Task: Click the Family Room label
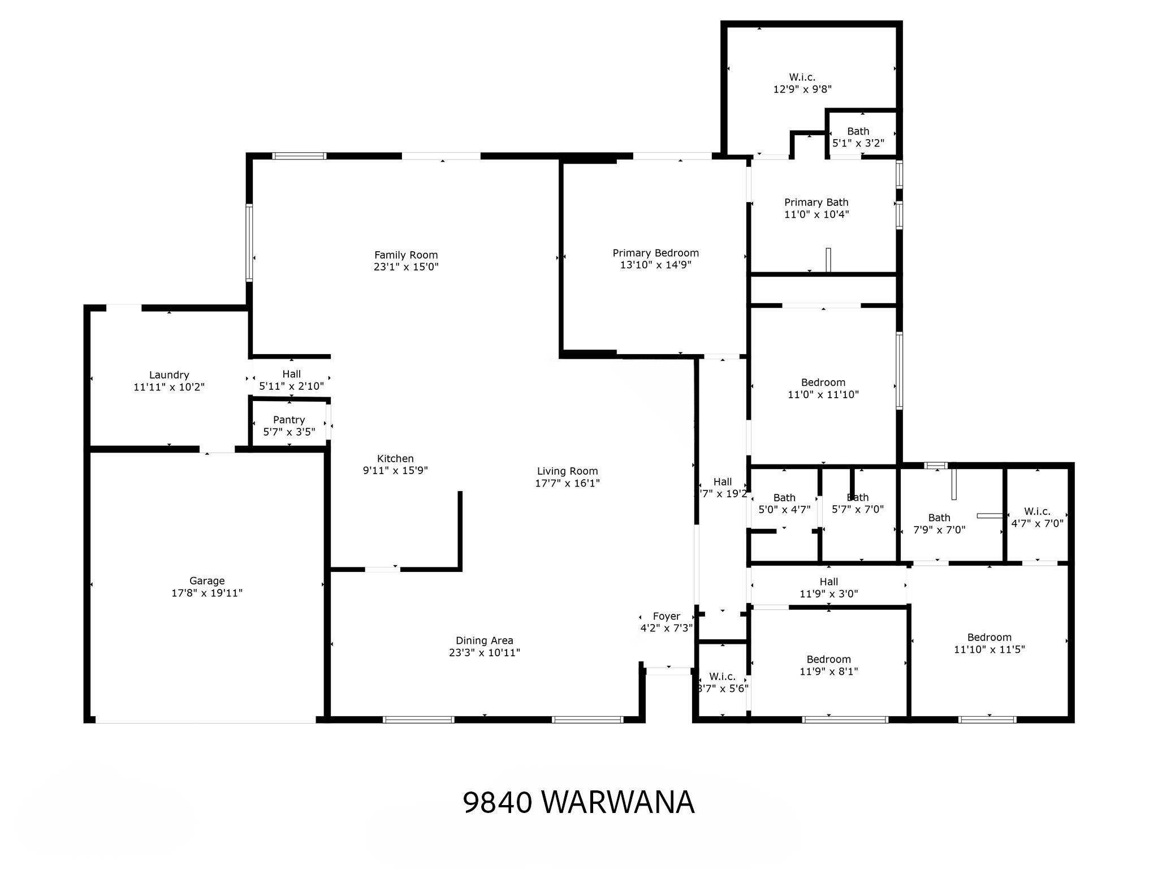point(406,255)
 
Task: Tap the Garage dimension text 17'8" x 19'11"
point(207,593)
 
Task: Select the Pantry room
point(289,425)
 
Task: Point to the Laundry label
point(169,375)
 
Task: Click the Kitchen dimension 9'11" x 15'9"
point(395,470)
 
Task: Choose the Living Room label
point(567,471)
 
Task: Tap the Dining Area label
point(485,640)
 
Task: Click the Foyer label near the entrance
point(666,616)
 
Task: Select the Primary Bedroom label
point(656,253)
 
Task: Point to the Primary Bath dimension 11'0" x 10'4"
point(816,214)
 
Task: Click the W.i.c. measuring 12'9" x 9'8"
point(802,83)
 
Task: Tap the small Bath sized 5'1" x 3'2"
point(858,137)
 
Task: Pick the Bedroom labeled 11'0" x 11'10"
point(823,388)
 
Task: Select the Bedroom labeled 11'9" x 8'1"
point(829,665)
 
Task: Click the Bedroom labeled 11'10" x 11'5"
point(990,643)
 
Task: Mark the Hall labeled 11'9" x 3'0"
point(829,587)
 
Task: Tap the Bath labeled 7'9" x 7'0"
point(939,523)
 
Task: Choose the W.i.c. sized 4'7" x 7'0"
point(1037,518)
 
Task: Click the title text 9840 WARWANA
point(578,802)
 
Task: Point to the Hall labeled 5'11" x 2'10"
point(291,380)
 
